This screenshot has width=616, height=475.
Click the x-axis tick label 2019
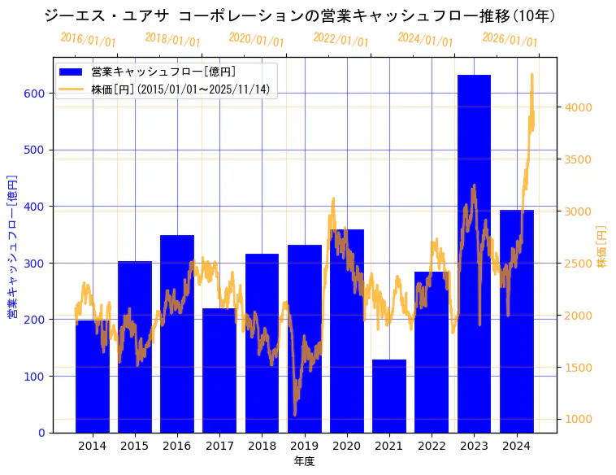point(304,445)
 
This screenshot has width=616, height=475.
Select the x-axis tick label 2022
point(432,445)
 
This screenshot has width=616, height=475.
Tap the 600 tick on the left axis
point(33,94)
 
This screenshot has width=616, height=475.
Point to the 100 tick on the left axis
point(33,377)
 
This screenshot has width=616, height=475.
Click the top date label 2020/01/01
point(256,39)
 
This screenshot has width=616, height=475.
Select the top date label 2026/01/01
point(510,39)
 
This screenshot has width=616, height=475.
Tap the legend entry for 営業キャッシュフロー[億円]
point(163,72)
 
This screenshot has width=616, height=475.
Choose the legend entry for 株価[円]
point(180,89)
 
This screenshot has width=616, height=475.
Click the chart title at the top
point(305,15)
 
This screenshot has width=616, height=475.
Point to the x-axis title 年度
point(304,461)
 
